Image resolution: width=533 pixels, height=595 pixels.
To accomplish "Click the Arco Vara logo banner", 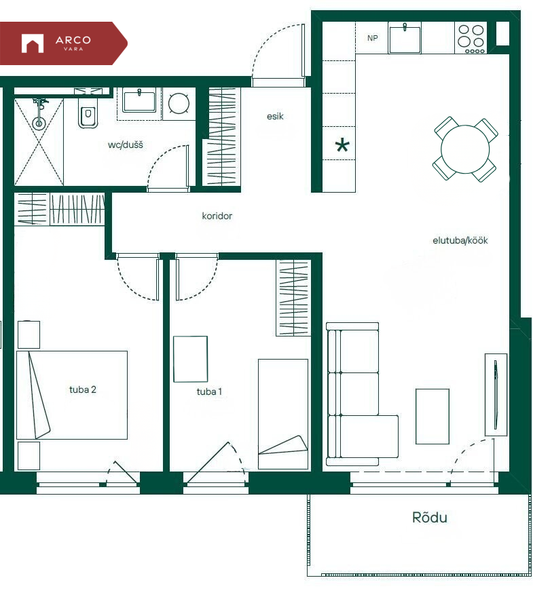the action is (63, 43).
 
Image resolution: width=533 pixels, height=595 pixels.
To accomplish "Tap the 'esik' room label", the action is (275, 116).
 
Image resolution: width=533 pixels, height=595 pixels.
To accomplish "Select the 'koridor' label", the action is (217, 216).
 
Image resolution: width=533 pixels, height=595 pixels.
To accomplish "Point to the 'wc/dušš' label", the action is (126, 145).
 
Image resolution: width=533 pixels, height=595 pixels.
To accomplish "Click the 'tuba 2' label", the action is (82, 389).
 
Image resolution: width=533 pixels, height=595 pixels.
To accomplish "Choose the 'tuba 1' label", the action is (209, 391).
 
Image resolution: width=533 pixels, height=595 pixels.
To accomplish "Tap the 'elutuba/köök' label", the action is (460, 240).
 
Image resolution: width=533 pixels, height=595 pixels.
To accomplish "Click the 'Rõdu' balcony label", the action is (430, 517).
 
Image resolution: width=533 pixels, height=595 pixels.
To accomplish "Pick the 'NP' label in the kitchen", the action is (372, 38).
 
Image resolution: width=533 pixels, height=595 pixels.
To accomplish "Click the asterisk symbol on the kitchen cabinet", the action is (342, 145).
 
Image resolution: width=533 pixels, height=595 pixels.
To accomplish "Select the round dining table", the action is (465, 149).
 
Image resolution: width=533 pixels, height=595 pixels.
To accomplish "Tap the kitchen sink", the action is (405, 38).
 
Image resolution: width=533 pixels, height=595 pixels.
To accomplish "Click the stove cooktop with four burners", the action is (471, 38).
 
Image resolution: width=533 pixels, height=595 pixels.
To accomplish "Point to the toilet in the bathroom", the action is (88, 113).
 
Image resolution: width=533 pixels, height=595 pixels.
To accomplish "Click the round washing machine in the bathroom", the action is (179, 103).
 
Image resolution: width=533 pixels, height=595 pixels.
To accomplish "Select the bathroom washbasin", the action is (139, 100).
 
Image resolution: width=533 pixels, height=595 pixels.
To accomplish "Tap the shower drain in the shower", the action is (39, 123).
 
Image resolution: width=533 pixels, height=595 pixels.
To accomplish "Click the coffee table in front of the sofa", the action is (433, 417).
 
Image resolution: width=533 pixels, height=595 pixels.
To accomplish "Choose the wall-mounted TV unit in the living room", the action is (496, 395).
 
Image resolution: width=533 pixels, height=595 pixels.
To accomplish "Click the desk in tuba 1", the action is (191, 359).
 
